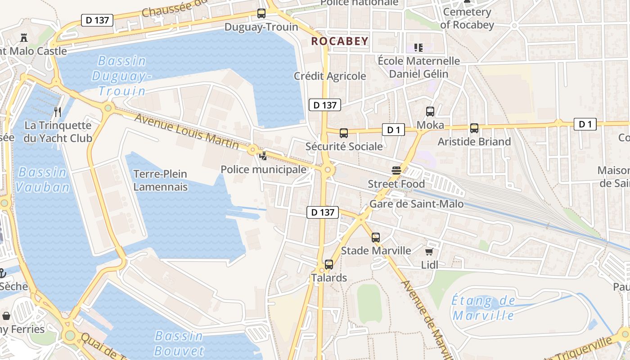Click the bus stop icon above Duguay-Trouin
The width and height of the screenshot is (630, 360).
(x=261, y=13)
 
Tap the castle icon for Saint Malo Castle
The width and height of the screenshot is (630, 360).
(x=23, y=38)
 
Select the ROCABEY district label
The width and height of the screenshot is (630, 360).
(x=340, y=41)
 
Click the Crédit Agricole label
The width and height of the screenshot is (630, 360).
(x=330, y=76)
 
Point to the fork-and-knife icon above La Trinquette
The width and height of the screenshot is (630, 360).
(x=58, y=112)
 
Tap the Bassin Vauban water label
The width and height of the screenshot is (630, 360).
(x=43, y=180)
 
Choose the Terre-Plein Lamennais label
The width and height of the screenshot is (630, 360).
(x=160, y=180)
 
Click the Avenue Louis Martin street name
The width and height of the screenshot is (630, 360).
(x=187, y=131)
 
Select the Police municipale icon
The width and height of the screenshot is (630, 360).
(x=263, y=156)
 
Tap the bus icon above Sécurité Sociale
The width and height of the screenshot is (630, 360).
(x=344, y=133)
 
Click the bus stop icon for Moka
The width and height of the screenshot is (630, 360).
(x=430, y=111)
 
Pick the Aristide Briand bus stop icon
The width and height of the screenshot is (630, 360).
(x=474, y=128)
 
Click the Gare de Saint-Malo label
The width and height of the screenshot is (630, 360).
(x=416, y=204)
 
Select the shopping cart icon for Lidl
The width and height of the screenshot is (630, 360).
(x=429, y=252)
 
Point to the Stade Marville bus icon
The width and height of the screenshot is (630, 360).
(x=376, y=237)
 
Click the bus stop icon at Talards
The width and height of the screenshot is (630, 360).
(x=329, y=265)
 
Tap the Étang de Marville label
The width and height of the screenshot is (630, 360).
(x=483, y=308)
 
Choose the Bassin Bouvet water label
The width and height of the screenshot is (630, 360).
(x=179, y=343)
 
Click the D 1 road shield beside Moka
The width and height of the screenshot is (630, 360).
(x=394, y=130)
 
